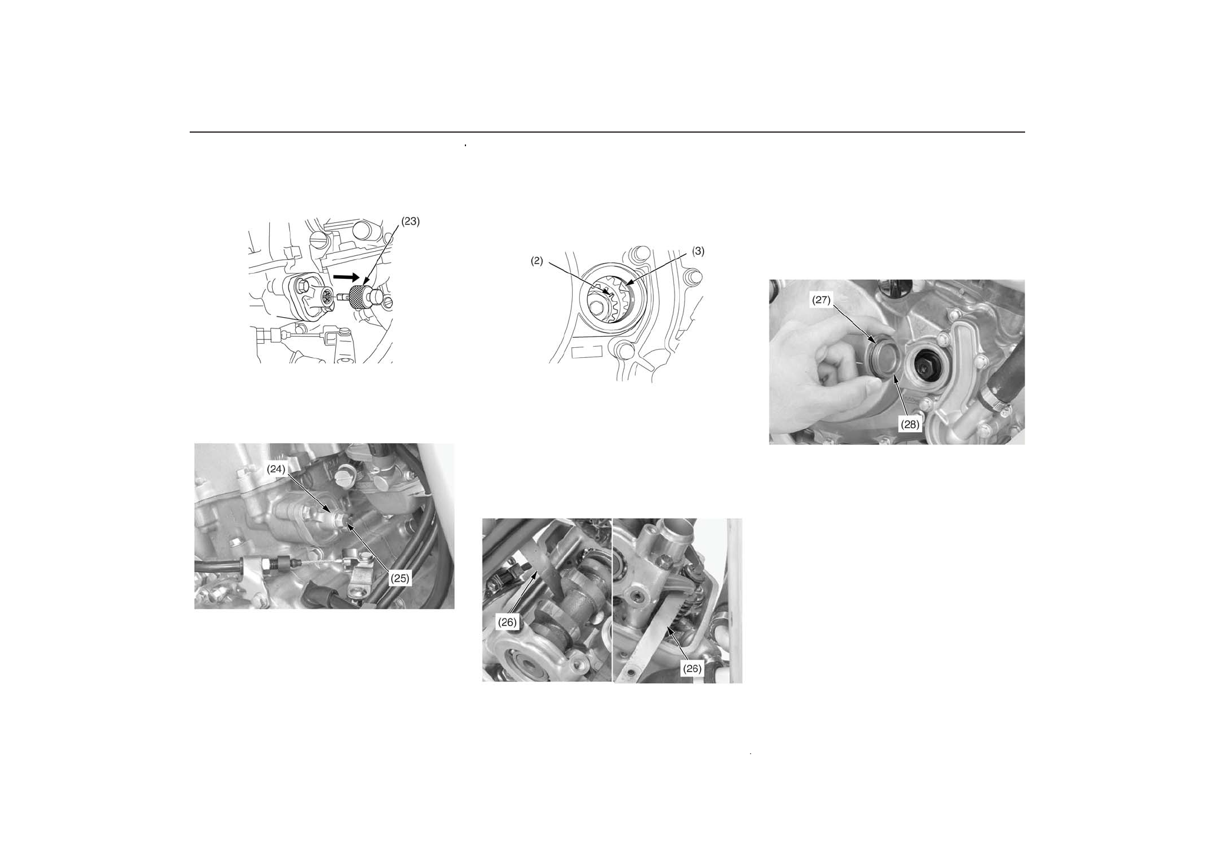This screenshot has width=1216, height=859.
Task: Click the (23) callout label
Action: pyautogui.click(x=411, y=222)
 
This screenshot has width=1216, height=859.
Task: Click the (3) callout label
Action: pyautogui.click(x=698, y=251)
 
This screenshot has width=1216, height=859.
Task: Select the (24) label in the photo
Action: pyautogui.click(x=276, y=469)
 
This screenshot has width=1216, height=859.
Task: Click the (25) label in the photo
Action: pyautogui.click(x=400, y=578)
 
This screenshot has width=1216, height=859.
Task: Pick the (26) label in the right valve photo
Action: pyautogui.click(x=692, y=669)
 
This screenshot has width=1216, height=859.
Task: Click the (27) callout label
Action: pyautogui.click(x=821, y=300)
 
